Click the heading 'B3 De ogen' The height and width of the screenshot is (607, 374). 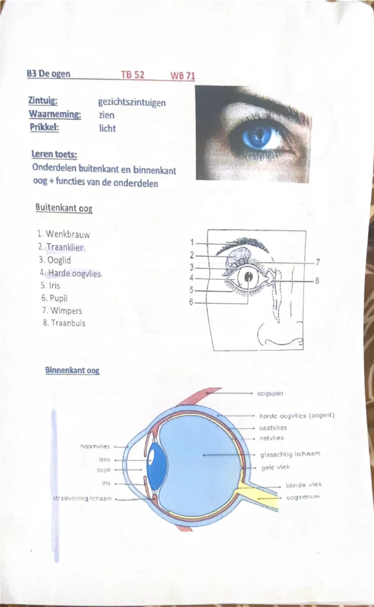click(x=48, y=74)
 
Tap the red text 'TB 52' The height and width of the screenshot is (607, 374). click(x=132, y=75)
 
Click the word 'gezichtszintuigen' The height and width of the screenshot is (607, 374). click(x=132, y=103)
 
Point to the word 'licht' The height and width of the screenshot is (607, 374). click(x=107, y=128)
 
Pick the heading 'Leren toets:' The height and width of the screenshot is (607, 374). click(x=54, y=155)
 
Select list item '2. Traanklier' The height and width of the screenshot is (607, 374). click(x=61, y=247)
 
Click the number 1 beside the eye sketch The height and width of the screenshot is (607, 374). click(x=192, y=242)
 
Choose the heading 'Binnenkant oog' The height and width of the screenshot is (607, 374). click(x=72, y=371)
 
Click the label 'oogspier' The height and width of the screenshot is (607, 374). click(x=270, y=393)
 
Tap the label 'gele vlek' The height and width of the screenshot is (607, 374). click(x=276, y=467)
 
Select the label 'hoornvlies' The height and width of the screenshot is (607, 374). click(x=95, y=446)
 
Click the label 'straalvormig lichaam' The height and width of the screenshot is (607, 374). click(x=83, y=499)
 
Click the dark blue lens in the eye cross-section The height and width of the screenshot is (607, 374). click(x=157, y=467)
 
